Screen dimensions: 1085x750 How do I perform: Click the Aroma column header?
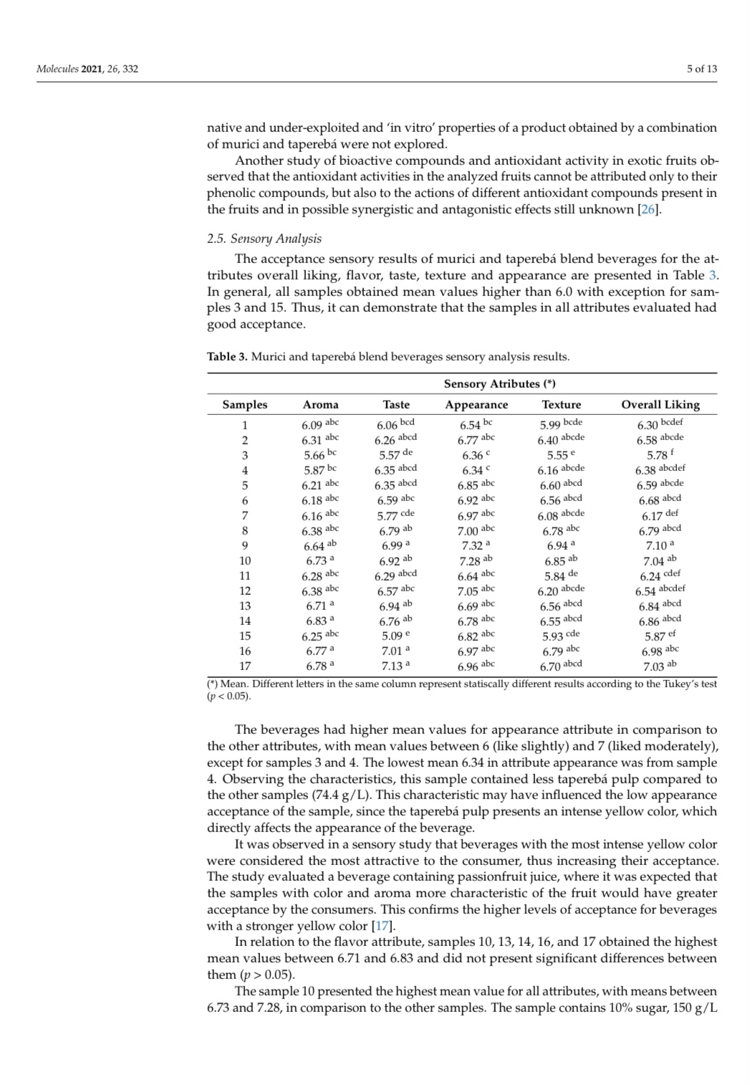click(320, 404)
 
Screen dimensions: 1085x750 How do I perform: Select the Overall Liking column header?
click(660, 404)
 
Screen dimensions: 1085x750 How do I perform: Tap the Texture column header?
click(561, 404)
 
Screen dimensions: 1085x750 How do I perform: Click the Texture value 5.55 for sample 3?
click(557, 455)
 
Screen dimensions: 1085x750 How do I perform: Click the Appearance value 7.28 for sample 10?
click(471, 560)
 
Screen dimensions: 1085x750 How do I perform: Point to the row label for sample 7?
click(244, 515)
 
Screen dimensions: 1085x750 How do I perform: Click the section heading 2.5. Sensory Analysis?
click(264, 239)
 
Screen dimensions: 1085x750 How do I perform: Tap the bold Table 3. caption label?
click(227, 356)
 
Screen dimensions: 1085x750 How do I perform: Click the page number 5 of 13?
click(701, 69)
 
